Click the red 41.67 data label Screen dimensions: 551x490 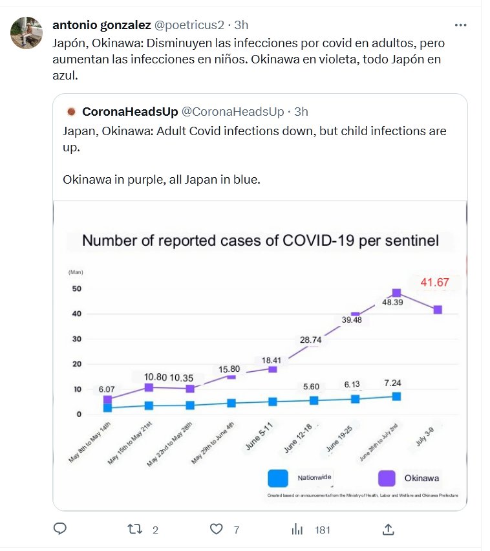tap(435, 283)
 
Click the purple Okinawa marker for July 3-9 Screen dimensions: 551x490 tap(438, 310)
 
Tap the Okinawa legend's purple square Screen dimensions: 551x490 tap(387, 478)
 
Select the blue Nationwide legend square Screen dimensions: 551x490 tap(277, 478)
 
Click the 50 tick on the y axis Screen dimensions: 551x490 tap(76, 288)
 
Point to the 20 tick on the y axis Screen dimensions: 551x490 tap(76, 364)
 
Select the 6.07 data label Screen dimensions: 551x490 tap(107, 389)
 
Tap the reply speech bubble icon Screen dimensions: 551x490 tap(60, 529)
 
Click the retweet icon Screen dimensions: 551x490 tap(135, 529)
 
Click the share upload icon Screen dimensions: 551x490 tap(388, 529)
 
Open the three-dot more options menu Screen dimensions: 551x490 tap(460, 25)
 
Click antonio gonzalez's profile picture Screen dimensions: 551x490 tap(27, 33)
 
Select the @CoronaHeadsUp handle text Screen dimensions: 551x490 tap(232, 112)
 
